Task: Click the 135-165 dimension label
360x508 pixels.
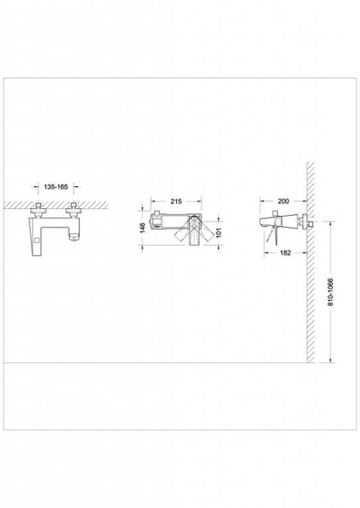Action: click(56, 186)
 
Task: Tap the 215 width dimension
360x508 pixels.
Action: click(176, 202)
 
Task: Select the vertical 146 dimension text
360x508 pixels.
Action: click(142, 228)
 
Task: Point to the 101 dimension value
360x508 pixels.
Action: click(219, 233)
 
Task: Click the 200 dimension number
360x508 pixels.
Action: click(283, 202)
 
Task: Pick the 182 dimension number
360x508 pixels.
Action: click(285, 252)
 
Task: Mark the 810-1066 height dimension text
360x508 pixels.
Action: click(330, 292)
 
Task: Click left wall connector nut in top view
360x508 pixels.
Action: click(39, 211)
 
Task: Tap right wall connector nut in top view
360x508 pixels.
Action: click(73, 211)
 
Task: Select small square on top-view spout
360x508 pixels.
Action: click(36, 240)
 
